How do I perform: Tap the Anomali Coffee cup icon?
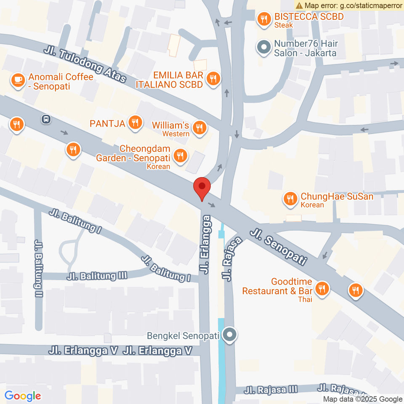(x=18, y=80)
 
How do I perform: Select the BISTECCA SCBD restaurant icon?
(x=264, y=19)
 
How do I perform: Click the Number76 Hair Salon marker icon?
(x=264, y=48)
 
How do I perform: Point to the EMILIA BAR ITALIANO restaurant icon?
(x=213, y=79)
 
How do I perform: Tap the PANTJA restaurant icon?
(x=134, y=122)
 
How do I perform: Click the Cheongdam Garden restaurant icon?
(x=180, y=155)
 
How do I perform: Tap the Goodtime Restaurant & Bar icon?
(x=322, y=288)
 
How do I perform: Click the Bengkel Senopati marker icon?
(x=230, y=335)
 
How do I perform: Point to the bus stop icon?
(x=45, y=119)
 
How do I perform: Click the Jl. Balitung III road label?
(x=97, y=276)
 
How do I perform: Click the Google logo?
(x=23, y=396)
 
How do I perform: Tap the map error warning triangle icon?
(x=299, y=5)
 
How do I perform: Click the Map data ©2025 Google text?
(x=363, y=399)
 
